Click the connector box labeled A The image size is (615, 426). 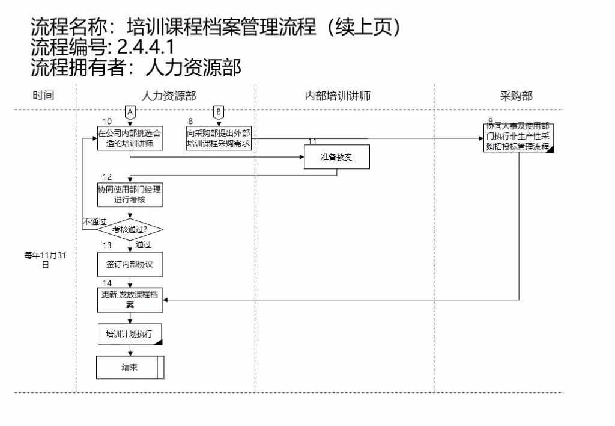click(x=130, y=112)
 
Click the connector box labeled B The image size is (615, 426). click(x=219, y=112)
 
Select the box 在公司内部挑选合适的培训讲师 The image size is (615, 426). click(x=130, y=138)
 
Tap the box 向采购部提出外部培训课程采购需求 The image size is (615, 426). click(x=219, y=138)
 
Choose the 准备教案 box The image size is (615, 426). click(x=336, y=158)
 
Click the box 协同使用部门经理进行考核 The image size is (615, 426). click(x=130, y=194)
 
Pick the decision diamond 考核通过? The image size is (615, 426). click(x=130, y=229)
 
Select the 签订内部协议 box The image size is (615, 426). click(x=130, y=264)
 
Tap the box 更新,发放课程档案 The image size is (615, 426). click(x=130, y=300)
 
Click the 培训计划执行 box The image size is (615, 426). click(x=130, y=335)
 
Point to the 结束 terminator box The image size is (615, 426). click(x=130, y=367)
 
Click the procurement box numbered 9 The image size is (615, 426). click(x=518, y=138)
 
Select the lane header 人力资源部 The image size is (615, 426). click(x=168, y=96)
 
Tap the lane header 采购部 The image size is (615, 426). click(x=516, y=96)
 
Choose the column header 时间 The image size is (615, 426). click(x=43, y=96)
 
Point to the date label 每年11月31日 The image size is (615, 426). click(x=45, y=259)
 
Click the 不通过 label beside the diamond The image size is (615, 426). click(x=94, y=221)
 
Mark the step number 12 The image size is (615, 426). click(x=107, y=177)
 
